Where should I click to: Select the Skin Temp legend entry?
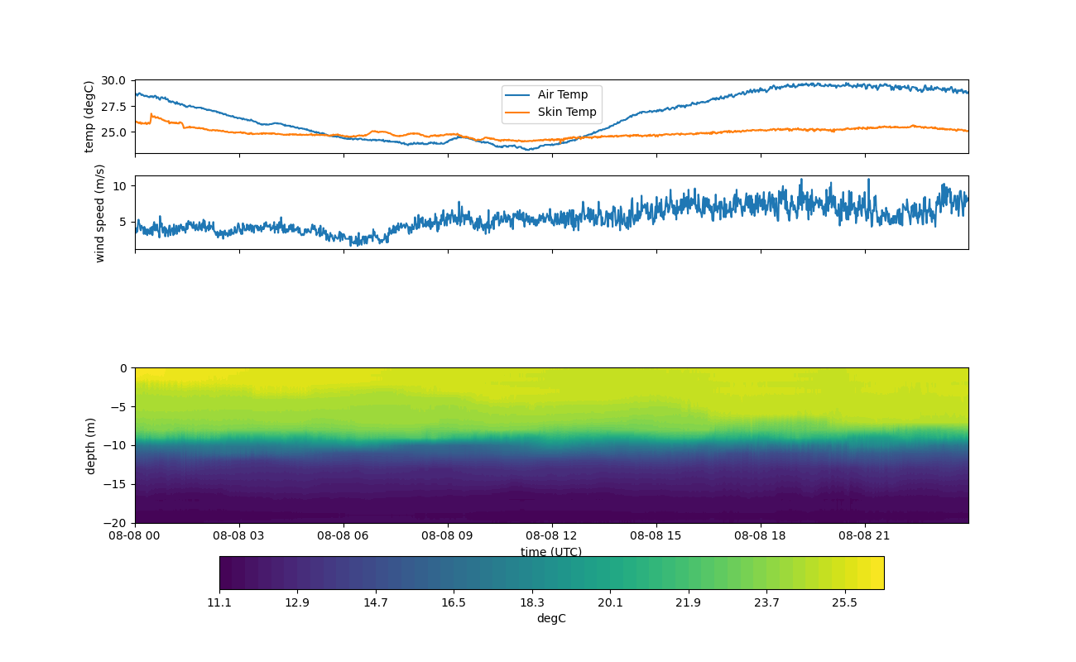click(566, 112)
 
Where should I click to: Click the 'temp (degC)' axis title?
click(89, 117)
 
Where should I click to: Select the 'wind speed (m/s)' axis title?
click(100, 213)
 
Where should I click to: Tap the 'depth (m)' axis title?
click(90, 445)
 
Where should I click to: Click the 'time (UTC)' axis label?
click(551, 552)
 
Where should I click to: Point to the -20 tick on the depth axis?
click(117, 523)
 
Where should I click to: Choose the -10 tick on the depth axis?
click(117, 445)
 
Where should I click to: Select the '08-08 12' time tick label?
click(552, 535)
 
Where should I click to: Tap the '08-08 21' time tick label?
click(865, 535)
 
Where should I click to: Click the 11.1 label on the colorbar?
click(219, 602)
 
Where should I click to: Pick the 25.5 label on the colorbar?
click(844, 602)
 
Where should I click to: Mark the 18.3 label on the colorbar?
click(532, 602)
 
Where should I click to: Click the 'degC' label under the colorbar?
click(551, 618)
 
